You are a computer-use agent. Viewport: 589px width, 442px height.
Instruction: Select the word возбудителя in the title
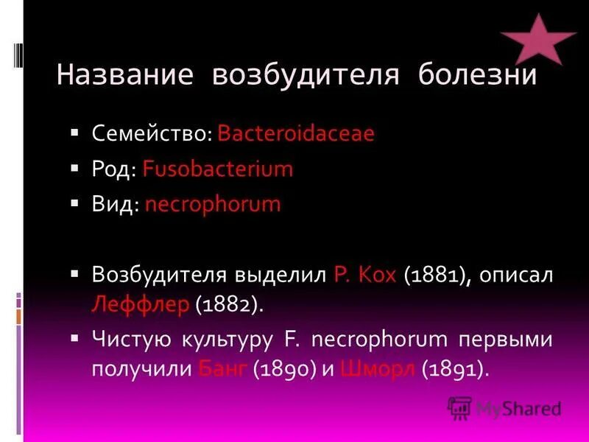[304, 76]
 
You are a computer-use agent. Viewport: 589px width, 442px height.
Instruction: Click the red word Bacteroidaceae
[296, 134]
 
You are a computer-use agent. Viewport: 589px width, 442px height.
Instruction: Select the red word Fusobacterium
[218, 169]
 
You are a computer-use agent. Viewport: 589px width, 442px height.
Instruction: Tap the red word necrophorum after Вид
[213, 204]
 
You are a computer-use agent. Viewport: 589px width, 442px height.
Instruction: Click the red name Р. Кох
[365, 275]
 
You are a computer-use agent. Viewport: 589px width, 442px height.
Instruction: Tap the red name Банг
[224, 368]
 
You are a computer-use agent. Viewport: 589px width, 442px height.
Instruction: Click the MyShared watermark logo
[505, 407]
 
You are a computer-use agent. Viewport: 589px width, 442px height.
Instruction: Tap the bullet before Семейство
[75, 133]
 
